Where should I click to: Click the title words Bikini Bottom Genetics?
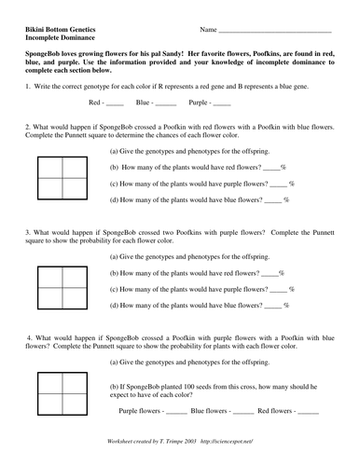point(64,29)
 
